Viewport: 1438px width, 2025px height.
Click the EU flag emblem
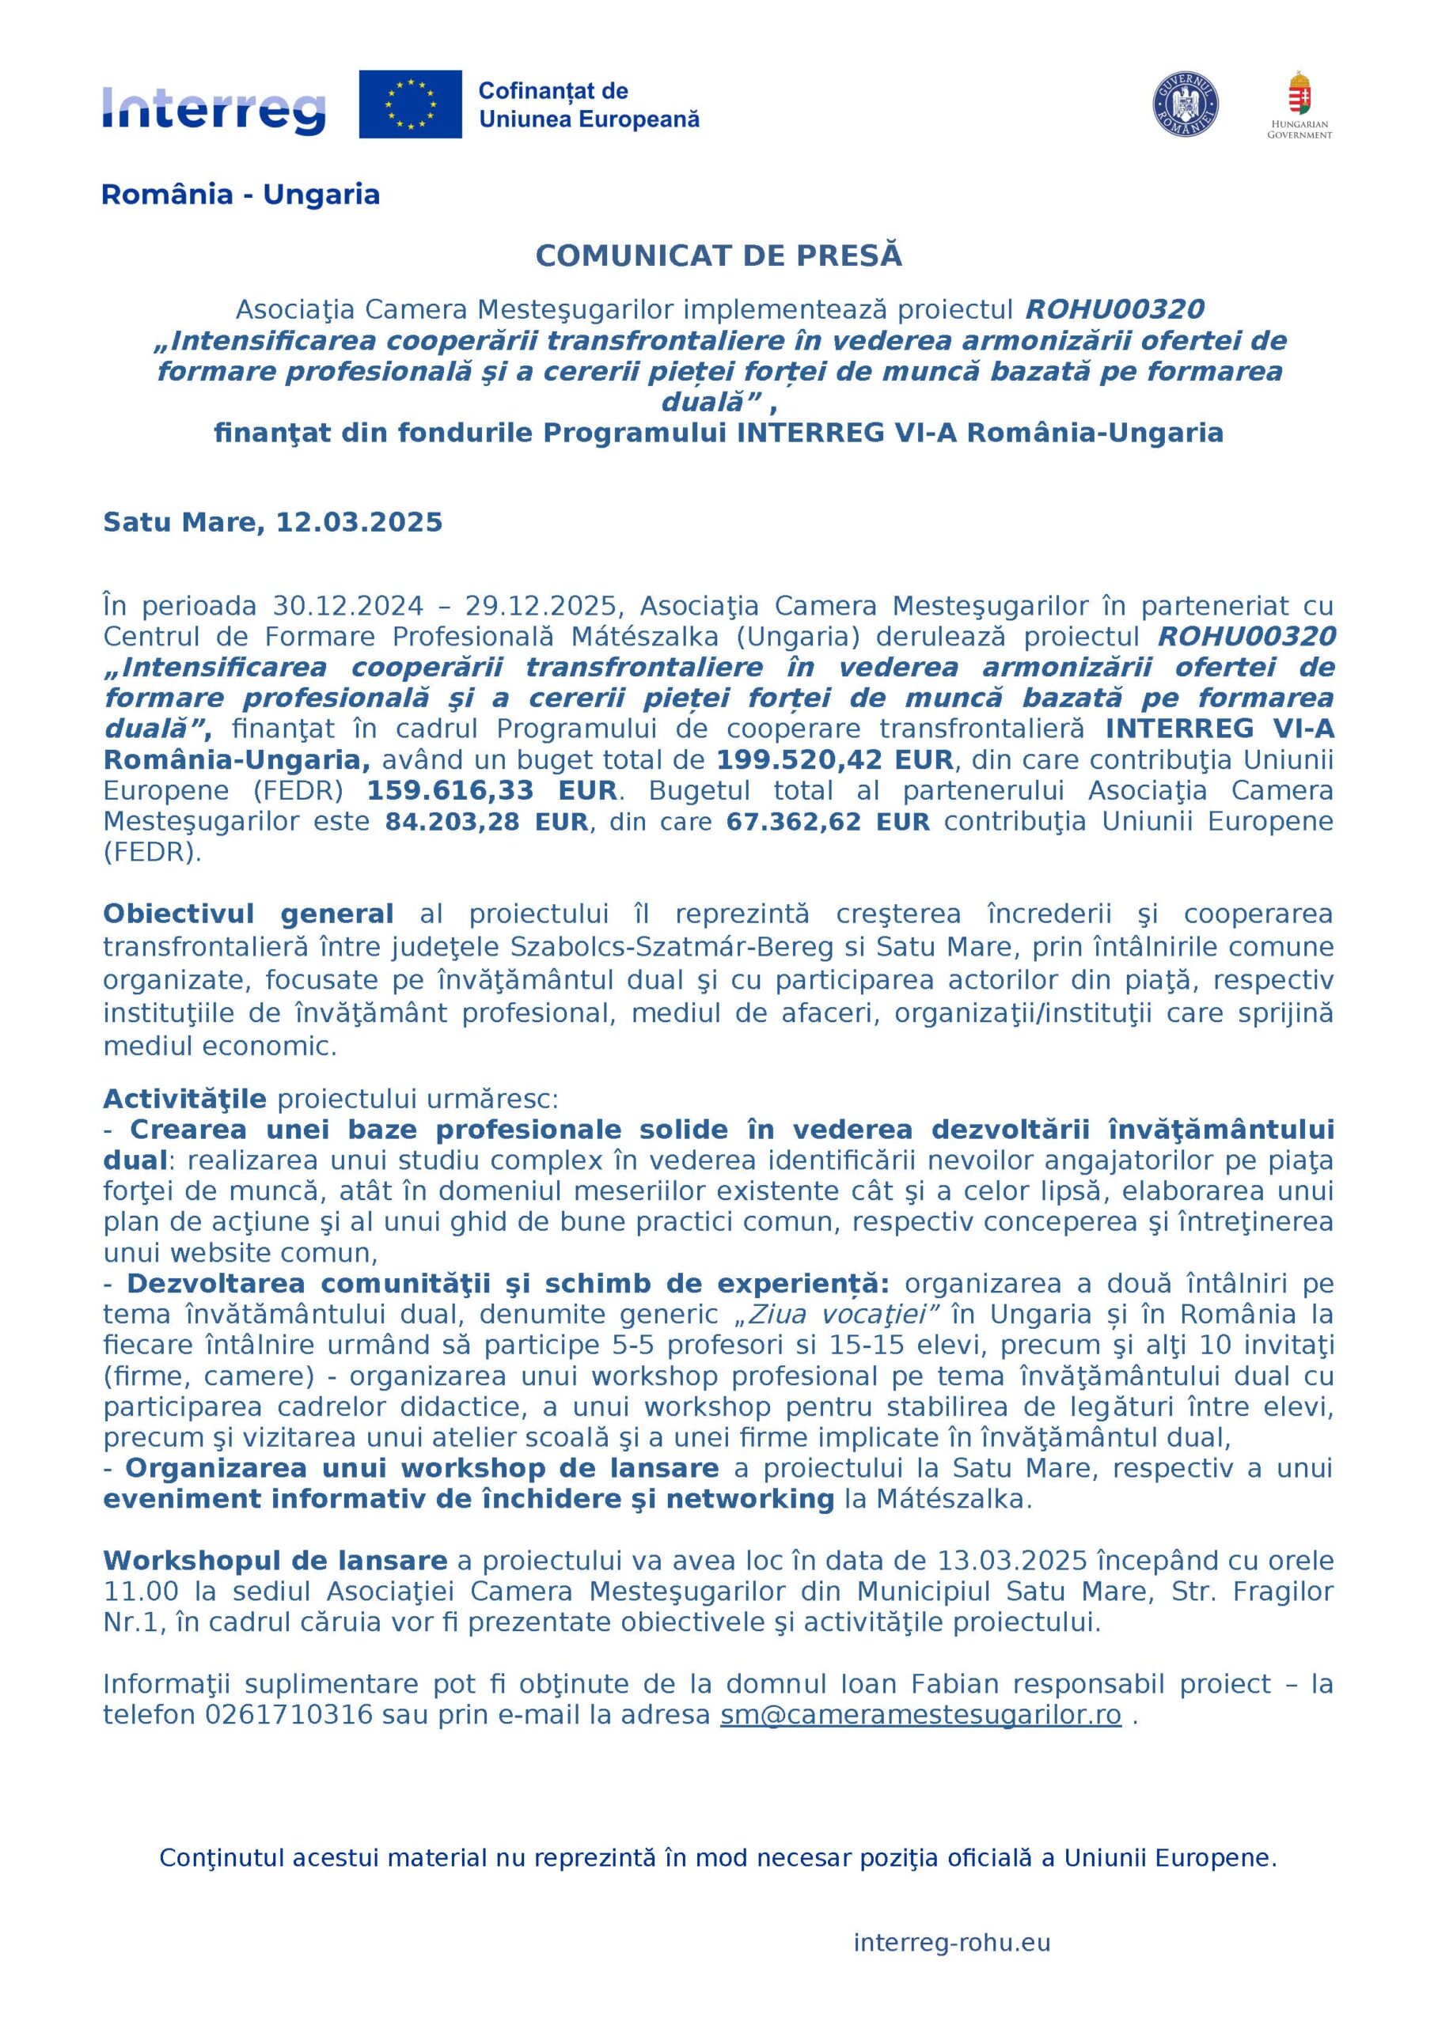[x=410, y=104]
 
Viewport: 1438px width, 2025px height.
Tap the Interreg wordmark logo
[x=214, y=110]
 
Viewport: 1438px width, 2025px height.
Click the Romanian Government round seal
[x=1185, y=104]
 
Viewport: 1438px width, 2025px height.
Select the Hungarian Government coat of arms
[x=1299, y=95]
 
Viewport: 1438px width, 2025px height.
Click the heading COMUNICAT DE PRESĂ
[x=718, y=255]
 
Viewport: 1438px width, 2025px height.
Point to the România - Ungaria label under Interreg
[x=241, y=195]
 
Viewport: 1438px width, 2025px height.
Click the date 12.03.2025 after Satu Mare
[x=359, y=522]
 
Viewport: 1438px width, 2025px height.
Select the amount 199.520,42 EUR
[x=834, y=759]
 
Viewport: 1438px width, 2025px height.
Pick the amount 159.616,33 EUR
[x=491, y=790]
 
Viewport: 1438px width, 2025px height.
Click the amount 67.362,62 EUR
[x=828, y=821]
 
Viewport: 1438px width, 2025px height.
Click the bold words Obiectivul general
[x=249, y=914]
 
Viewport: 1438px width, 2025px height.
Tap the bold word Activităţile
[x=184, y=1099]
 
